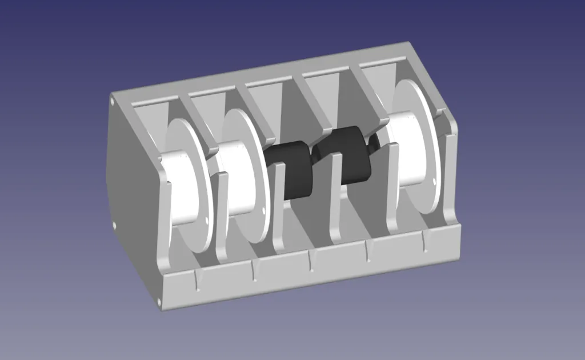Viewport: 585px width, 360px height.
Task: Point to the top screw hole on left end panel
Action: pyautogui.click(x=112, y=102)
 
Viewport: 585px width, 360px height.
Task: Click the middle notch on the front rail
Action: pyautogui.click(x=311, y=261)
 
